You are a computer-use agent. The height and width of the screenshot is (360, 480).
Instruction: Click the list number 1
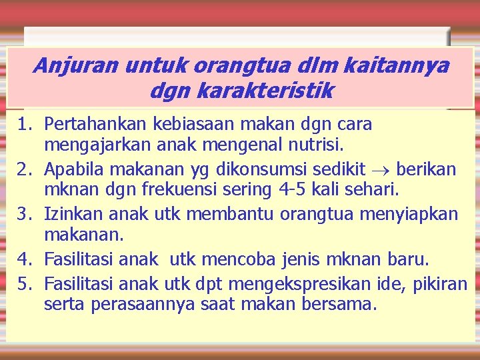25,124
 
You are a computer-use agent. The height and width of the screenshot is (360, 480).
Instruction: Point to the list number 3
25,215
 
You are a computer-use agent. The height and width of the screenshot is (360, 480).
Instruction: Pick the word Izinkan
70,215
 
